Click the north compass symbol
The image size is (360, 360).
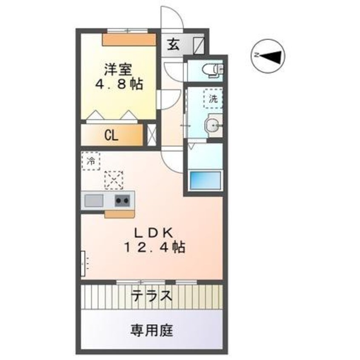(x=268, y=56)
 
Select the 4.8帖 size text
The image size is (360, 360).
(x=118, y=84)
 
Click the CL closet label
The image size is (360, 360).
(x=111, y=136)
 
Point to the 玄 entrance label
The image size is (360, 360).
(x=173, y=45)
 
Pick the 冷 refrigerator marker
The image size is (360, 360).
(x=90, y=161)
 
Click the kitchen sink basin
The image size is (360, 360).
(x=94, y=200)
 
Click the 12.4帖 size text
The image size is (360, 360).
(x=154, y=247)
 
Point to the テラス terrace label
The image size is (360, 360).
(x=152, y=295)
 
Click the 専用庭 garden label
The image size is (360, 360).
(x=151, y=329)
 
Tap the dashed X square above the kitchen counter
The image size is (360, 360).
(x=114, y=180)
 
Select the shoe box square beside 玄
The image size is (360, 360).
(x=199, y=45)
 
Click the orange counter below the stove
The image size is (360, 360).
(x=120, y=214)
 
